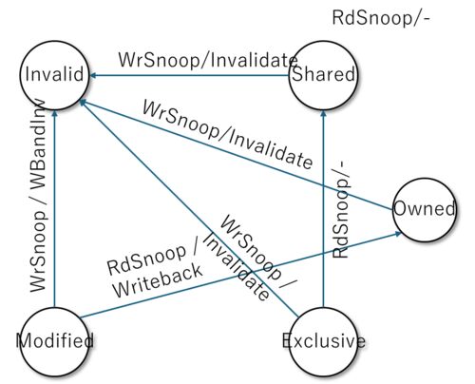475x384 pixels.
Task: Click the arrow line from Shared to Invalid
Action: pyautogui.click(x=190, y=75)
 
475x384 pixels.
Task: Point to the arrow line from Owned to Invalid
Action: pyautogui.click(x=237, y=155)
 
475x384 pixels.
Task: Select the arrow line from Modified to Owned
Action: pyautogui.click(x=240, y=275)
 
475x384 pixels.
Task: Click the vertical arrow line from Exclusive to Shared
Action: pyautogui.click(x=323, y=208)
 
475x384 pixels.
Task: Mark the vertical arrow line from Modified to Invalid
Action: pyautogui.click(x=54, y=208)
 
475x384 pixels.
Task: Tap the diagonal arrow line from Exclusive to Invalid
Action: pyautogui.click(x=189, y=208)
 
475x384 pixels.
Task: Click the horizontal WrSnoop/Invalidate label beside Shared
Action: pyautogui.click(x=208, y=59)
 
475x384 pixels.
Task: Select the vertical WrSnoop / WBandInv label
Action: pyautogui.click(x=38, y=196)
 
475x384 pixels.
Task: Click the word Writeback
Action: pyautogui.click(x=158, y=281)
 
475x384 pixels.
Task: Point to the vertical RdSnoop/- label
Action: pyautogui.click(x=341, y=209)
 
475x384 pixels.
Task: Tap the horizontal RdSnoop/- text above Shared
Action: pyautogui.click(x=381, y=17)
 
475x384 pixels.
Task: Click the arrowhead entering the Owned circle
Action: pyautogui.click(x=398, y=234)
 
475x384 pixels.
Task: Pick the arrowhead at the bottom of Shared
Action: pyautogui.click(x=323, y=113)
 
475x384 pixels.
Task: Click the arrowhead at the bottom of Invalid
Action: pyautogui.click(x=54, y=113)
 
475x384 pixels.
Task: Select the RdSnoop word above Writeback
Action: pyautogui.click(x=146, y=259)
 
